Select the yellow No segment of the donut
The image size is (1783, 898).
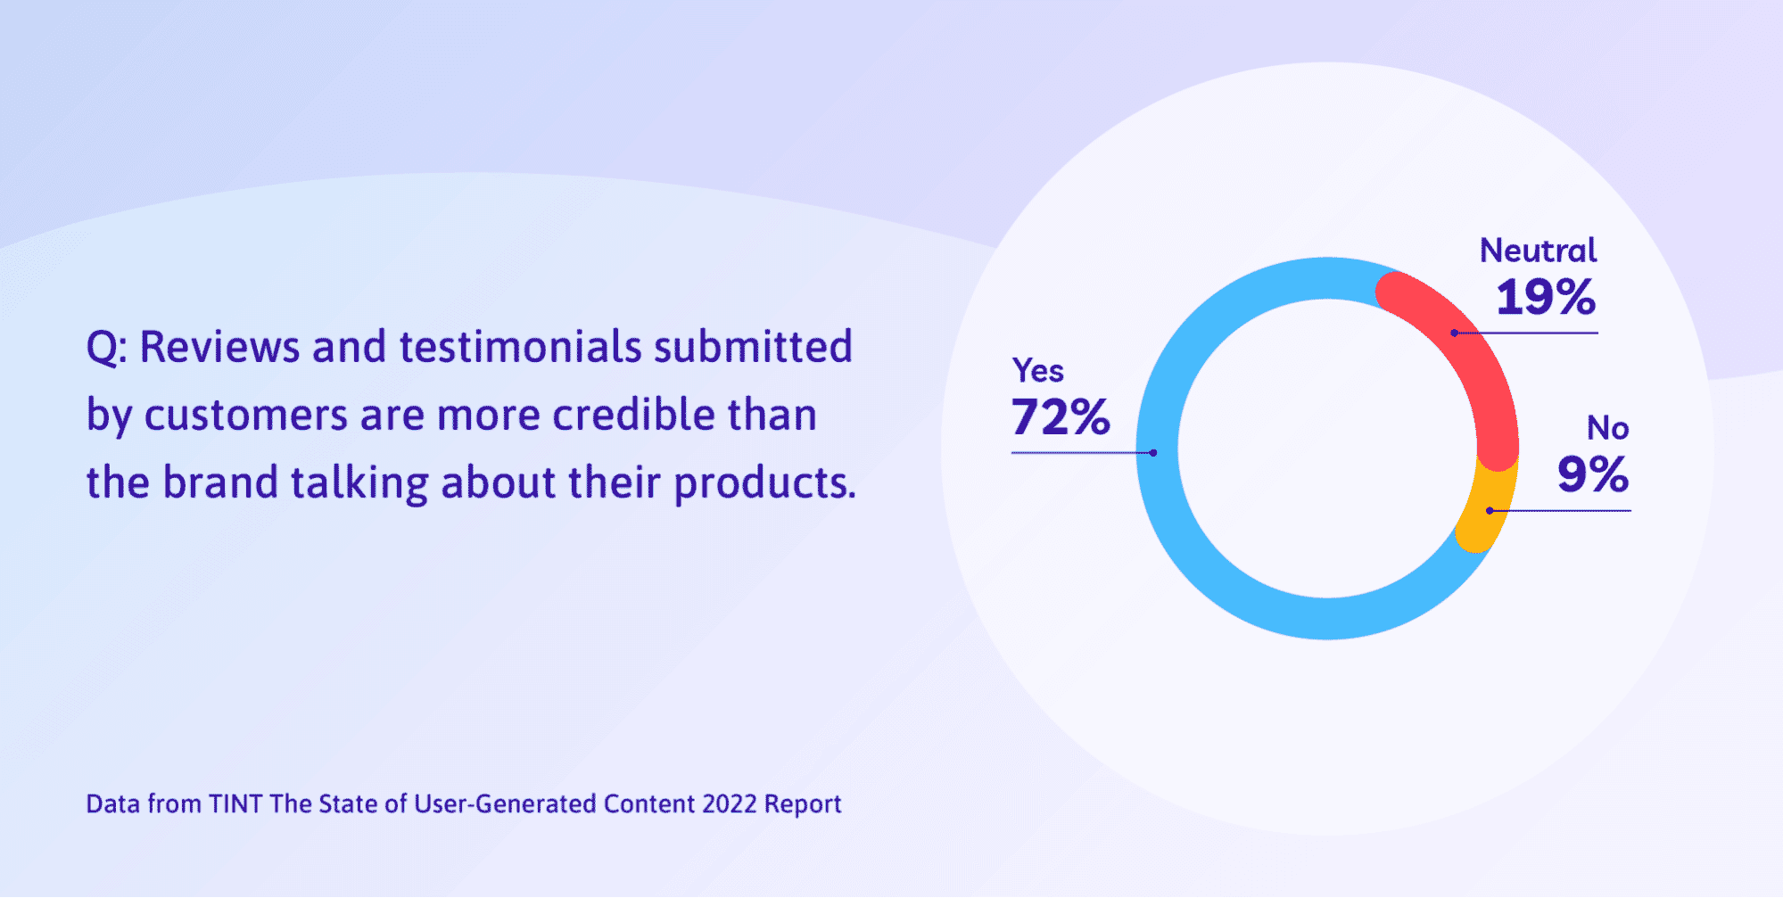coord(1488,507)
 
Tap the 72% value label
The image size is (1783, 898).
coord(1061,416)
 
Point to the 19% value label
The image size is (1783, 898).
coord(1546,297)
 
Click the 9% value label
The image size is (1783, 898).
coord(1593,474)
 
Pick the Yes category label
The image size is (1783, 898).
coord(1037,370)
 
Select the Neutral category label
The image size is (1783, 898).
coord(1539,251)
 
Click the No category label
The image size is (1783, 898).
coord(1607,428)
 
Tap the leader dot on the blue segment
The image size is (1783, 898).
coord(1153,453)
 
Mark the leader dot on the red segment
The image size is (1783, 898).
coord(1455,334)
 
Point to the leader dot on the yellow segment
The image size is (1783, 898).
coord(1490,511)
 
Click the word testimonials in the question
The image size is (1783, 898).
coord(520,347)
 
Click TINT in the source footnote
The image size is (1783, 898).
coord(235,803)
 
